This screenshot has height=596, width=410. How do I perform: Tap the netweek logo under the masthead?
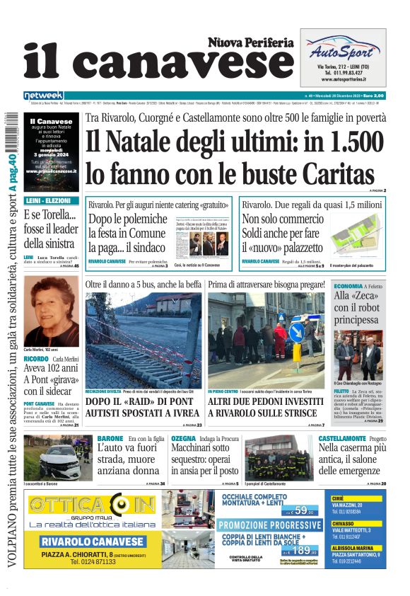pyautogui.click(x=43, y=96)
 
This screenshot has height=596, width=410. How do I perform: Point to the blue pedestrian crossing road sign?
pyautogui.click(x=295, y=331)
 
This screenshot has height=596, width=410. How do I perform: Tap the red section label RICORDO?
pyautogui.click(x=36, y=359)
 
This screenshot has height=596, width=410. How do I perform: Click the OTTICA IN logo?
pyautogui.click(x=91, y=507)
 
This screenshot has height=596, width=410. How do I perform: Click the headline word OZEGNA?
pyautogui.click(x=183, y=439)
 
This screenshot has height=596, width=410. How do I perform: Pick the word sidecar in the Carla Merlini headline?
pyautogui.click(x=57, y=391)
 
